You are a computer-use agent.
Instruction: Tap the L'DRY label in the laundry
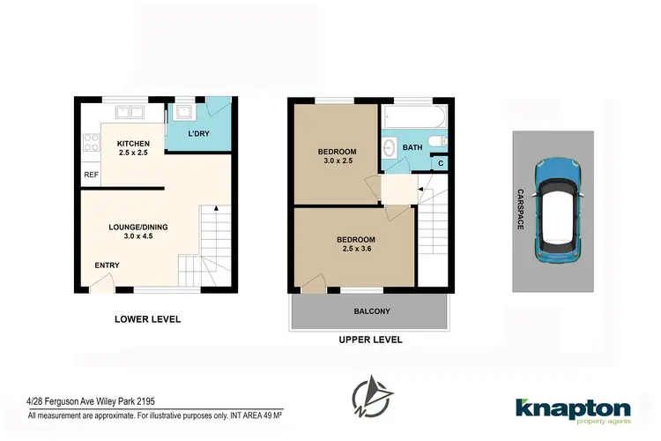199,134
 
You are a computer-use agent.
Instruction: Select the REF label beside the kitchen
91,175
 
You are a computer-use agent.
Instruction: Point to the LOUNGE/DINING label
137,227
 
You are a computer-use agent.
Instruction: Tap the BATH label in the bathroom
412,147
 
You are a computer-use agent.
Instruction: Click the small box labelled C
441,163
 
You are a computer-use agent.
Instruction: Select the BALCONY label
371,311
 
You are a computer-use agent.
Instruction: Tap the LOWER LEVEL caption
148,319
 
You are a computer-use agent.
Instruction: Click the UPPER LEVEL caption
370,340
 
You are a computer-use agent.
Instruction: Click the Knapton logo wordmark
573,408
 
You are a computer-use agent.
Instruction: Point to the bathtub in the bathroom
415,116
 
